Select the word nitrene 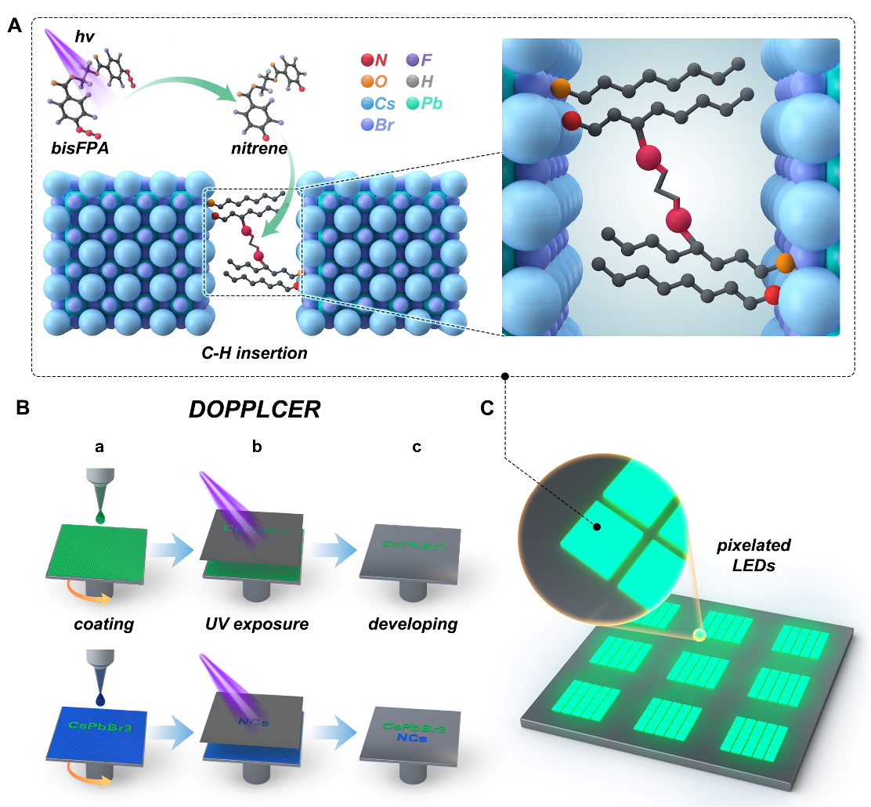pos(258,150)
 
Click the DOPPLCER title pos(255,410)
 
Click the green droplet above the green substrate pos(99,517)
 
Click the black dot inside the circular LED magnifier pos(597,527)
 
